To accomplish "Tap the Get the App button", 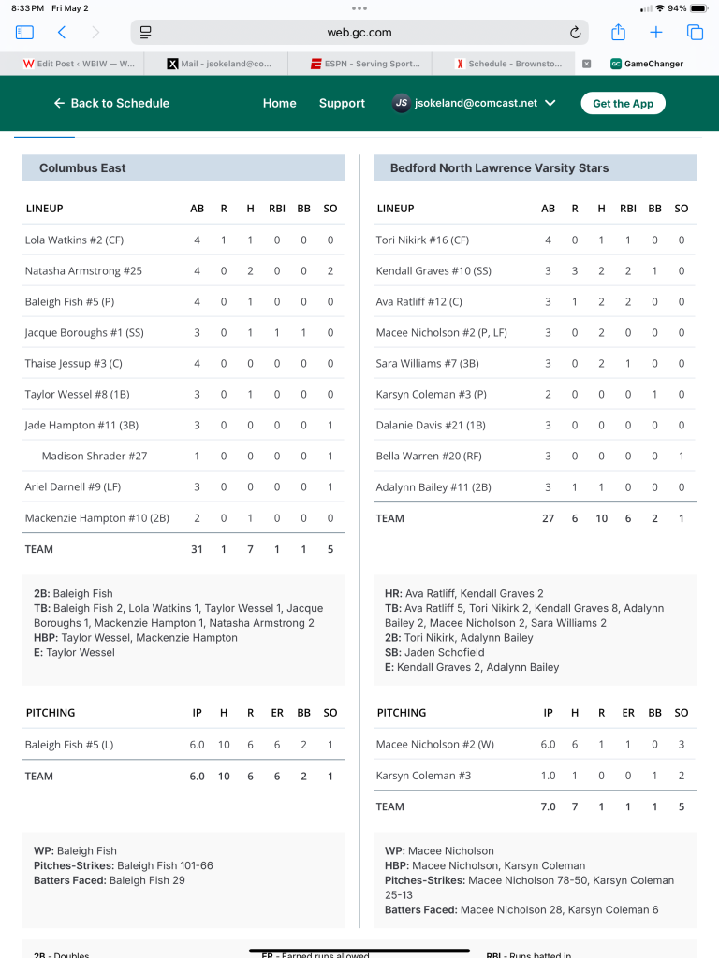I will pos(623,103).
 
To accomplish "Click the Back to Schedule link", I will pos(111,103).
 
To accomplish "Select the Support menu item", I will pos(342,103).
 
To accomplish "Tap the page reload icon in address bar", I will pos(575,33).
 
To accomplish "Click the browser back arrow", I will pos(62,33).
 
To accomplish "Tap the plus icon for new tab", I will pos(656,33).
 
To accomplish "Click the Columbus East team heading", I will pos(82,168).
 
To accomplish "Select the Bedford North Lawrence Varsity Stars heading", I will pos(499,168).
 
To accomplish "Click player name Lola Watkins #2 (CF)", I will pos(74,240).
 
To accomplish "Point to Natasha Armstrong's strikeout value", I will pos(330,271).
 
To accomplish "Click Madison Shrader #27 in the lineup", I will pos(95,457).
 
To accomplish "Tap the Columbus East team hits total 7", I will pos(250,549).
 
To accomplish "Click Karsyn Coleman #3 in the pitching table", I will pos(411,776).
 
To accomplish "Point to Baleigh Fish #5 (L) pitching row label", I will pos(68,745).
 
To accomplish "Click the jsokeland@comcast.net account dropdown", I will pos(474,103).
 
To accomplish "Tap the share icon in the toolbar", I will pos(618,33).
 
